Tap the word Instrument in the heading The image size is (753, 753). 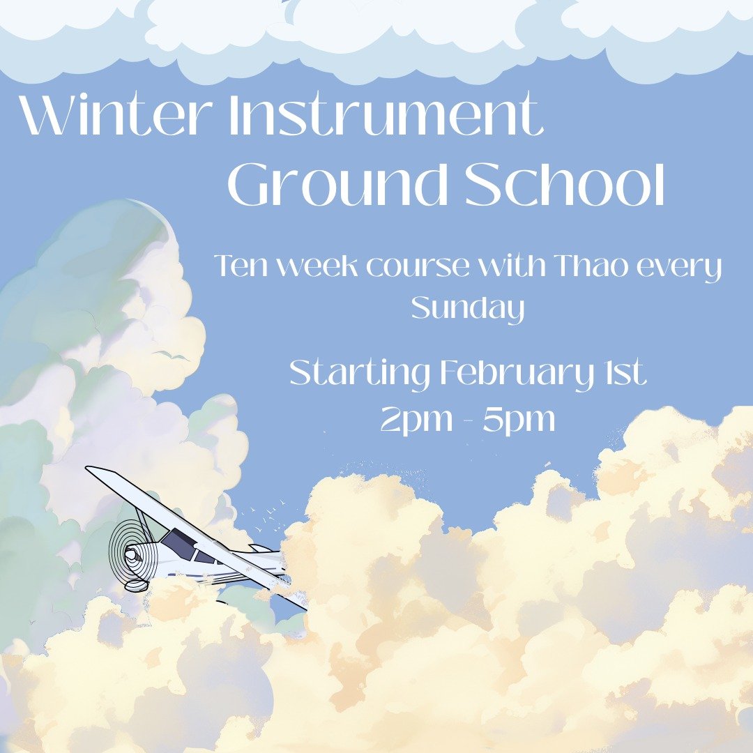pos(386,114)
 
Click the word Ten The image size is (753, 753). pos(238,267)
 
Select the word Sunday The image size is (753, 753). pos(467,308)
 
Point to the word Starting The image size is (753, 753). pos(360,374)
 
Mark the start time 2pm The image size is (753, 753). pos(411,420)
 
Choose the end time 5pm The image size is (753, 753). pos(519,420)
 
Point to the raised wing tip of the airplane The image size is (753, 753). pos(94,471)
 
